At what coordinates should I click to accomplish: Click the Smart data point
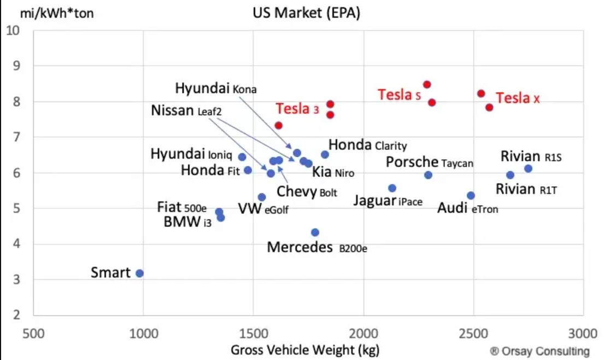pyautogui.click(x=139, y=273)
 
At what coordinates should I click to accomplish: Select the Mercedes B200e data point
pyautogui.click(x=315, y=233)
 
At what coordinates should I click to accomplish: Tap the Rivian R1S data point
pyautogui.click(x=528, y=168)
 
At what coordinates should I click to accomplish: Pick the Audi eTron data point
pyautogui.click(x=471, y=196)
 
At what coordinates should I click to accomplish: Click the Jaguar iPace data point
pyautogui.click(x=392, y=188)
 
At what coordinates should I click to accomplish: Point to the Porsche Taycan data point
pyautogui.click(x=428, y=175)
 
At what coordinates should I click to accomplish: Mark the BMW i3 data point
pyautogui.click(x=221, y=217)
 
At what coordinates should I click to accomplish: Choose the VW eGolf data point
pyautogui.click(x=262, y=197)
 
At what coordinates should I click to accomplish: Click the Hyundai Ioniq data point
pyautogui.click(x=242, y=157)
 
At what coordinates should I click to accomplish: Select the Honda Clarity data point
pyautogui.click(x=325, y=155)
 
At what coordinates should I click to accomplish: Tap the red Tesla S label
pyautogui.click(x=399, y=95)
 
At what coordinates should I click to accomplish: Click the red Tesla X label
pyautogui.click(x=518, y=98)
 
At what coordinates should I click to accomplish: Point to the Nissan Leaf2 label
pyautogui.click(x=186, y=111)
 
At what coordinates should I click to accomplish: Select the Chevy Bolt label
pyautogui.click(x=307, y=192)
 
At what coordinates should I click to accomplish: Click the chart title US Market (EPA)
pyautogui.click(x=306, y=13)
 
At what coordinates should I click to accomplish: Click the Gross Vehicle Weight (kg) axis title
pyautogui.click(x=305, y=350)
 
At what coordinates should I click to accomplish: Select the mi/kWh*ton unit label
pyautogui.click(x=57, y=13)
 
